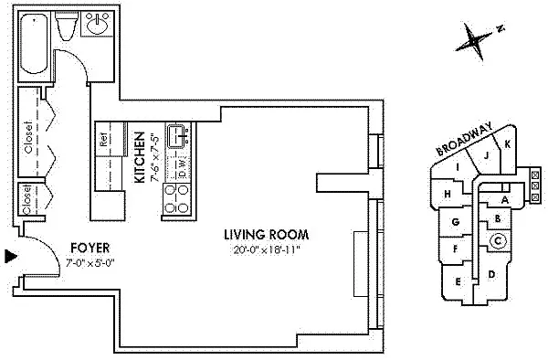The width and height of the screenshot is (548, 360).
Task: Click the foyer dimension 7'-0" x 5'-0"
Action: pos(91,263)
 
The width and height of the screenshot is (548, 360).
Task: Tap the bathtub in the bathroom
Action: pos(35,46)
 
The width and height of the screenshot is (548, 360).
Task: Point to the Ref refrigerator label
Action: pos(103,141)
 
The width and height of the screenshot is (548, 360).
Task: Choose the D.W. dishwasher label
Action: pos(182,168)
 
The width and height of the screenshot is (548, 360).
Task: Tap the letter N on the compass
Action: pos(501,29)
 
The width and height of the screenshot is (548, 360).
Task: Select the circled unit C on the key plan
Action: pos(499,240)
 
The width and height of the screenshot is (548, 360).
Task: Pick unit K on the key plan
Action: pos(507,144)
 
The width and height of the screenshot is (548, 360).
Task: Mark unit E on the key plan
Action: pos(457,282)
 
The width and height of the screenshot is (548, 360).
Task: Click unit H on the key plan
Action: pos(447,194)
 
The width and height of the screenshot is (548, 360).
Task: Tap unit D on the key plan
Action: pos(491,273)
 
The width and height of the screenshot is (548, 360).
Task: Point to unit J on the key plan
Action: pos(487,155)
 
